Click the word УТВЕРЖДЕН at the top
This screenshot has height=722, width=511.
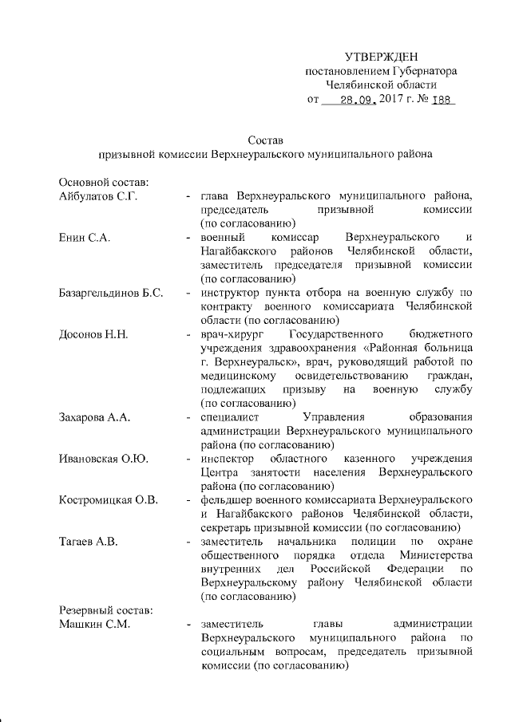tap(381, 57)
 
